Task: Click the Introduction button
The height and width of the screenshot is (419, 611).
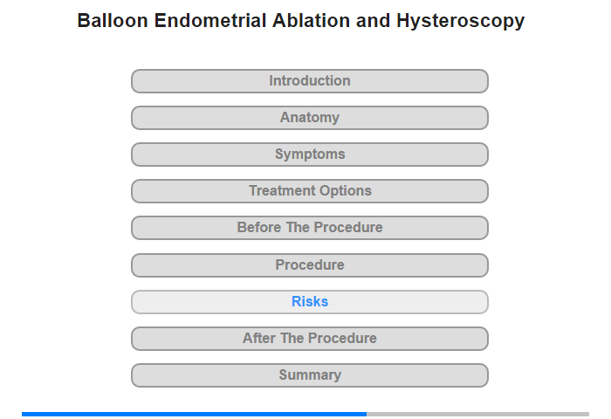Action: click(x=310, y=81)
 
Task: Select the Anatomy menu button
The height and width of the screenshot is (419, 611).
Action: click(x=310, y=118)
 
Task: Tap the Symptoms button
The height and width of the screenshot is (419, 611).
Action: click(x=310, y=155)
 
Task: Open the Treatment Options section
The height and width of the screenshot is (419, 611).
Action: click(x=310, y=191)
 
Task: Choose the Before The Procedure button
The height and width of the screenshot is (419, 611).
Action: click(x=310, y=228)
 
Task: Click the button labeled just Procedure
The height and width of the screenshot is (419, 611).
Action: click(x=310, y=265)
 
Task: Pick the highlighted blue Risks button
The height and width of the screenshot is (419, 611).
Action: click(x=310, y=302)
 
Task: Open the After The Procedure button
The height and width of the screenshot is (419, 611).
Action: click(x=310, y=339)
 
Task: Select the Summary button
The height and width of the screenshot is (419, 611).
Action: click(x=310, y=375)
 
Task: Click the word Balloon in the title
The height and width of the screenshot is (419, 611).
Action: click(x=113, y=21)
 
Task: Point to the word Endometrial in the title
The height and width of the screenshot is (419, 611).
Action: click(x=210, y=21)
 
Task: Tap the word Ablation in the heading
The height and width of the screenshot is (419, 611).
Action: click(x=311, y=21)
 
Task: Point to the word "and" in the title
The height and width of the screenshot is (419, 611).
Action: click(x=373, y=21)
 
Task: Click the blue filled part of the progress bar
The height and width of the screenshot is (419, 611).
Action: click(x=194, y=414)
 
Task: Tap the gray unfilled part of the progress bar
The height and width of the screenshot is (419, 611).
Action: click(x=477, y=414)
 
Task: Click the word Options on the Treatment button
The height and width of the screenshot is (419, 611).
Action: click(x=345, y=191)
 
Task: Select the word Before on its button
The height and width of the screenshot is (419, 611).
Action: click(x=259, y=227)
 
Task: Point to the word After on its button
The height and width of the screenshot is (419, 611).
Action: click(x=259, y=338)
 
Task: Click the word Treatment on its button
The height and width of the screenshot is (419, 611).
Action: click(x=282, y=190)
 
